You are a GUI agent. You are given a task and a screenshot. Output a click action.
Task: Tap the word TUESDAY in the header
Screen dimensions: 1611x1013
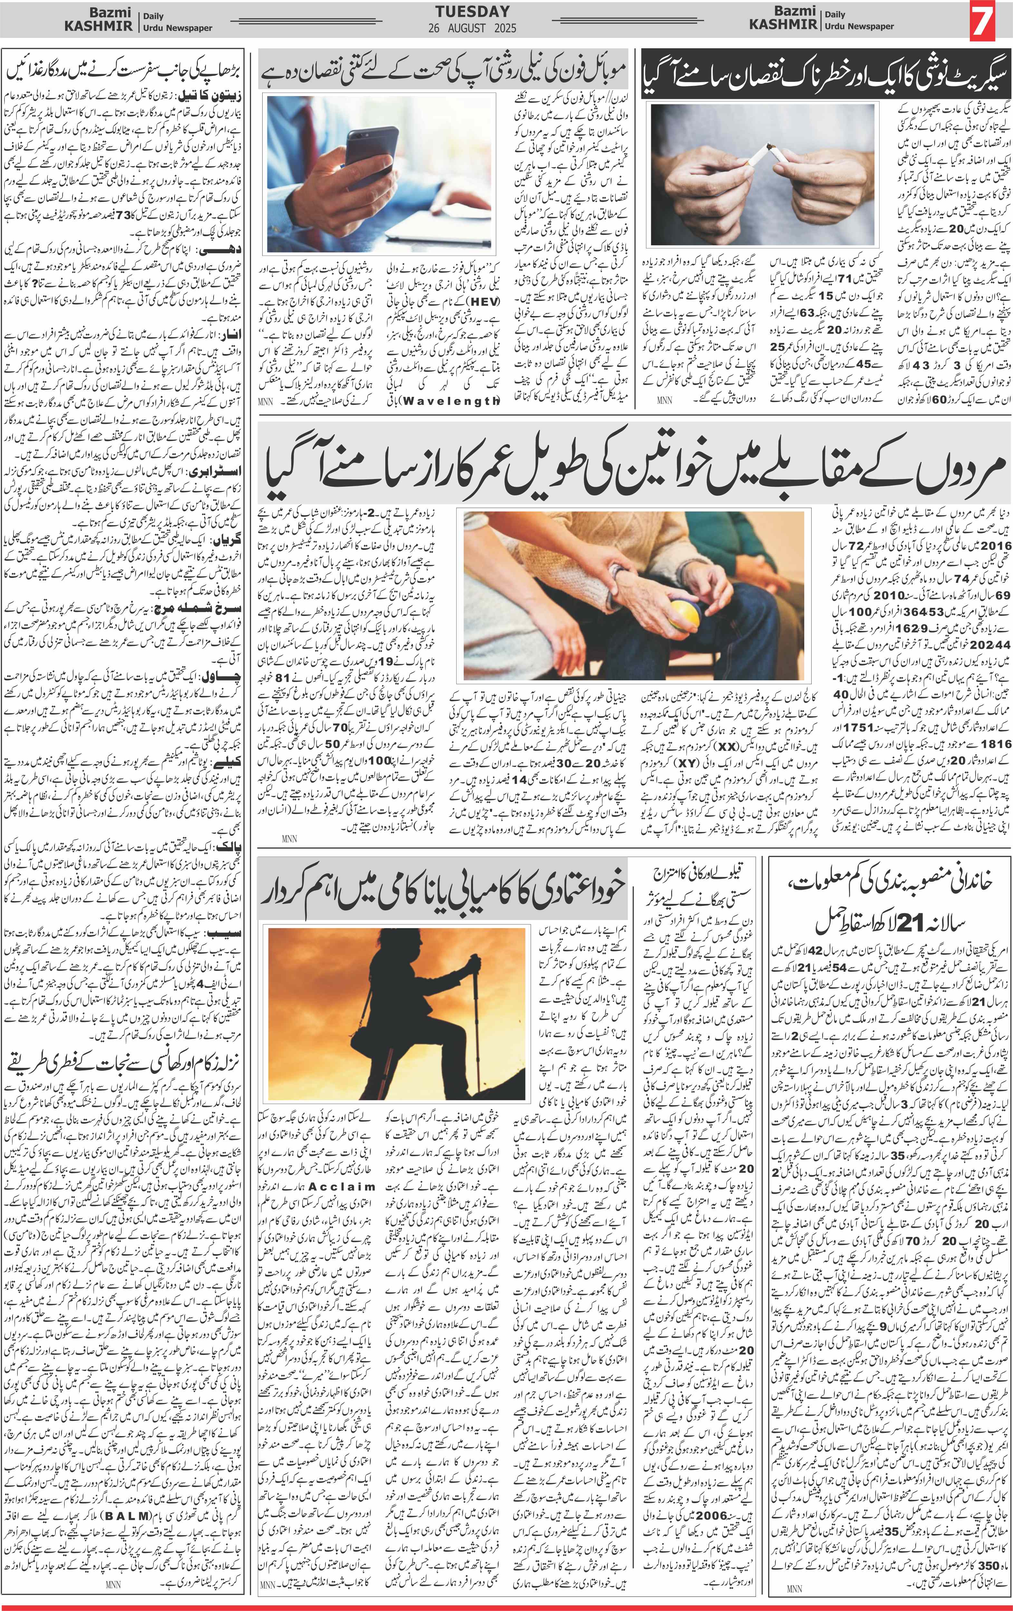coord(472,11)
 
